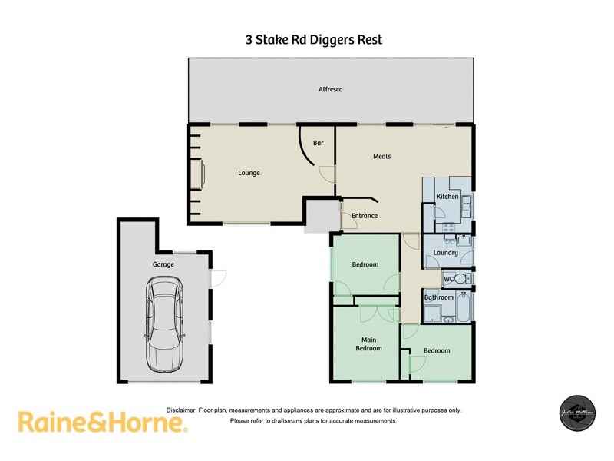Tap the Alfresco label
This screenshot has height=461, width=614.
click(x=331, y=90)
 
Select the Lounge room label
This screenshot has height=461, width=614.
click(x=249, y=173)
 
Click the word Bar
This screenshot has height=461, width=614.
click(x=319, y=143)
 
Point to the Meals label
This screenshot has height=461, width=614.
click(x=381, y=156)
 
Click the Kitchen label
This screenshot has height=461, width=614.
click(x=447, y=197)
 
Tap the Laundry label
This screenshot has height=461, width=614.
click(x=445, y=253)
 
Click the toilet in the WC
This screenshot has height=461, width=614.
click(x=463, y=278)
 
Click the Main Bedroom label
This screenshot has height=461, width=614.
click(x=368, y=343)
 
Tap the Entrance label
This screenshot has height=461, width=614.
click(x=365, y=216)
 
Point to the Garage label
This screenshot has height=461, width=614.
click(x=163, y=264)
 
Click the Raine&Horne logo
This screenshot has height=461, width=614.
click(x=102, y=422)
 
